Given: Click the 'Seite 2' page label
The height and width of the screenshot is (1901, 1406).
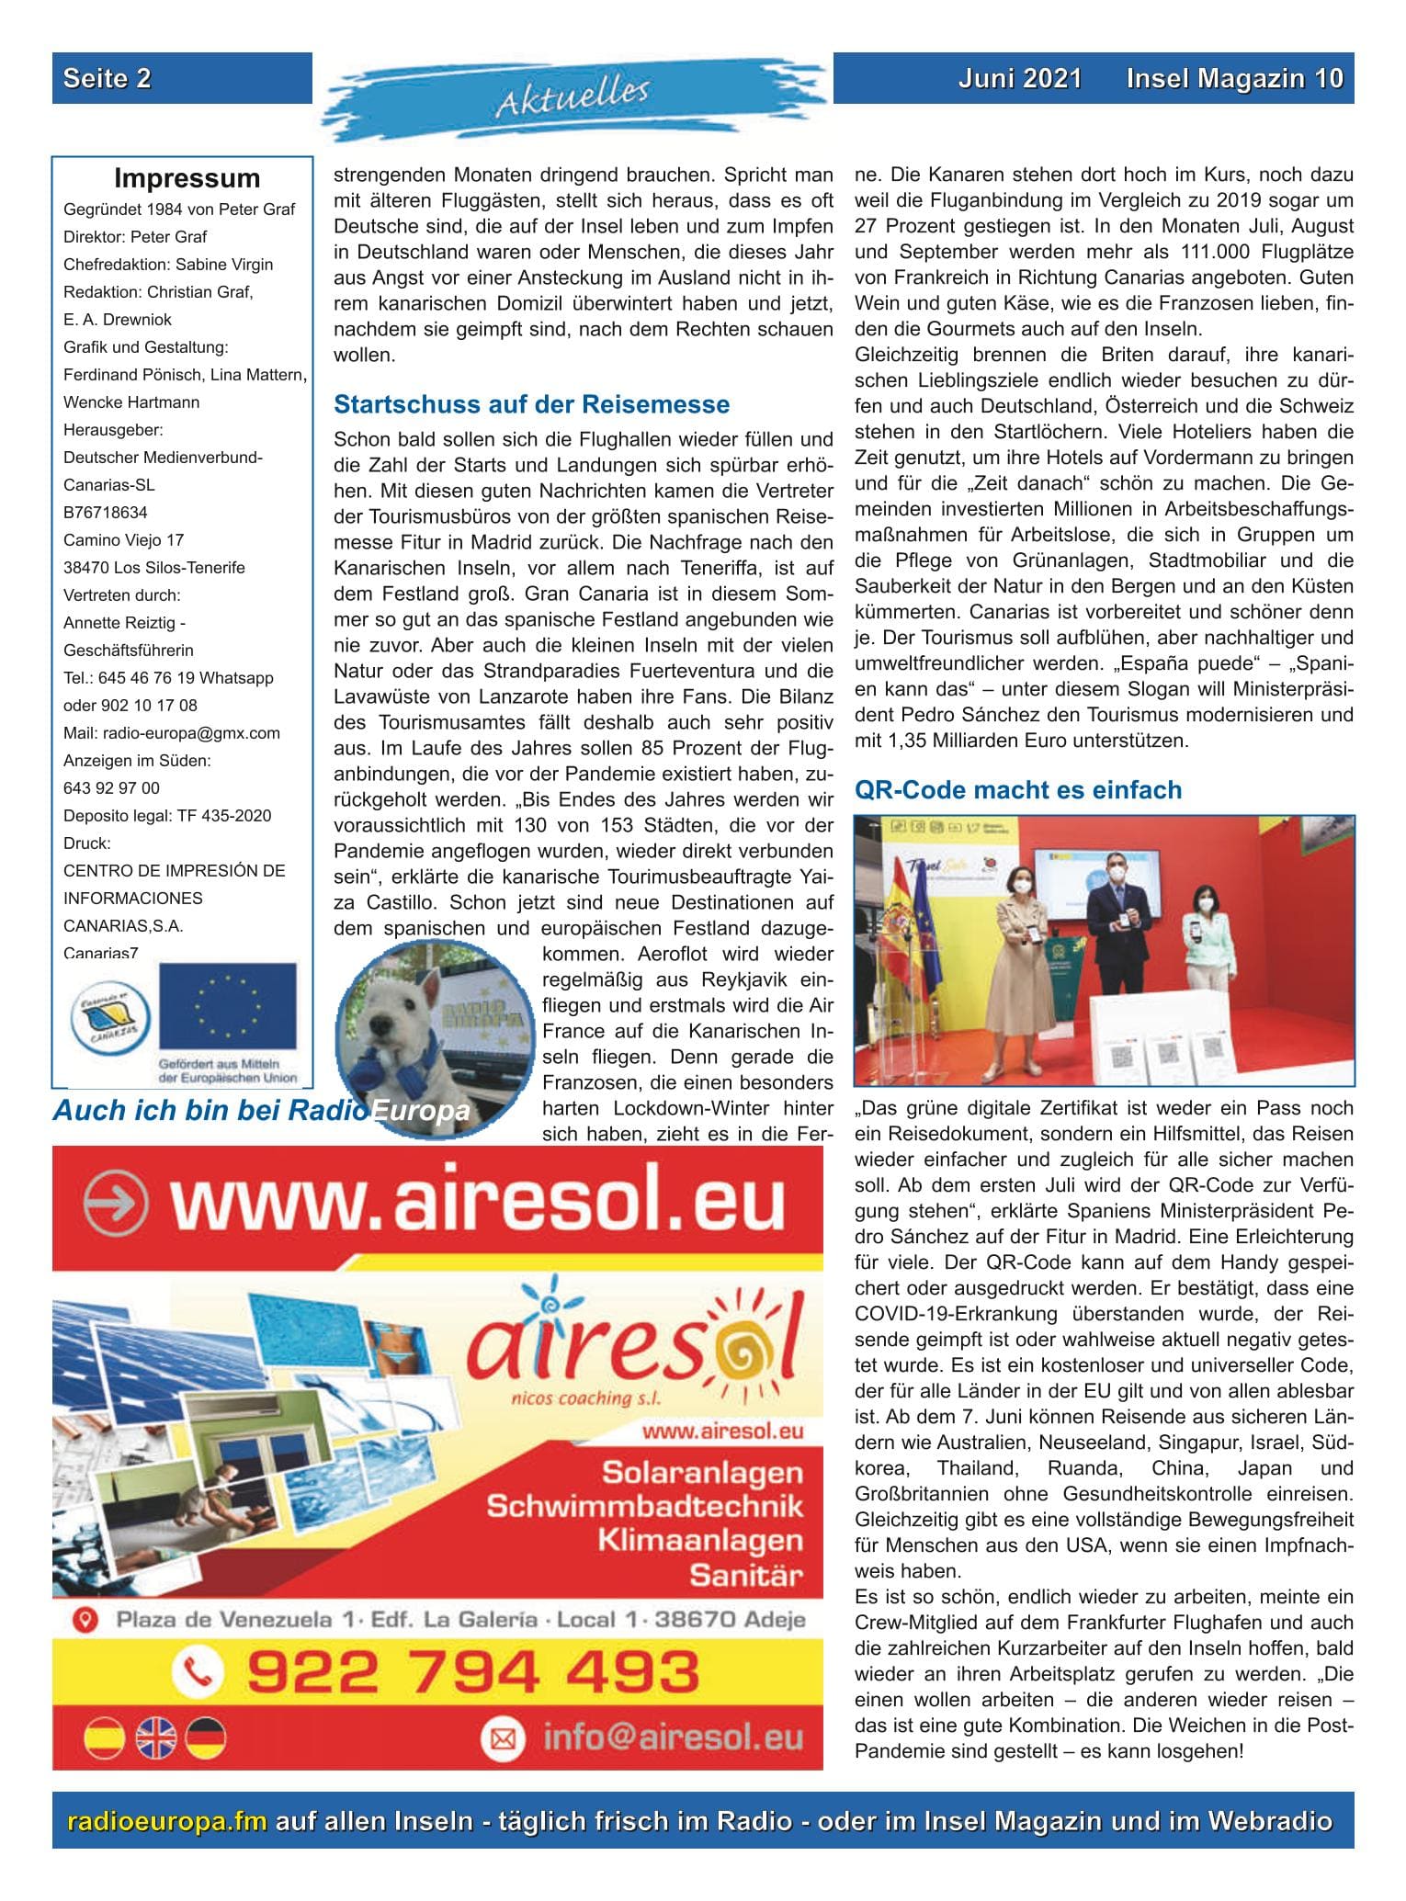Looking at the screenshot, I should point(107,78).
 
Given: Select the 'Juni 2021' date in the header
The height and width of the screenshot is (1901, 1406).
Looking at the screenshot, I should point(1019,78).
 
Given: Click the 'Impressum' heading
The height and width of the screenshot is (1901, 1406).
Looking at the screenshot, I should point(187,178).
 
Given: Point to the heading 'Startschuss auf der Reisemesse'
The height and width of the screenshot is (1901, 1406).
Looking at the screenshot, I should point(531,404).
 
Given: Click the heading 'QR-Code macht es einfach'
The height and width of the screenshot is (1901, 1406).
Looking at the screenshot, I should point(1018,790).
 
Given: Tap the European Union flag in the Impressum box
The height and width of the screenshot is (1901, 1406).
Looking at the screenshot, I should point(227,1007).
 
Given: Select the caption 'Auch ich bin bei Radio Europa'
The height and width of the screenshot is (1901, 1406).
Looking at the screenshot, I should point(261,1111).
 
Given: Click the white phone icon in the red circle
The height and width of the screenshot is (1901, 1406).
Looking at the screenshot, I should point(198,1671).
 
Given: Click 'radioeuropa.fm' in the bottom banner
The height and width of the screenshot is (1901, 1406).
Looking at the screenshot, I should point(167,1821).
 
